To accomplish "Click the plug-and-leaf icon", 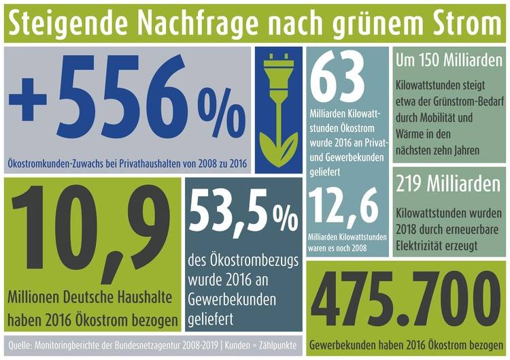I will pos(279,109).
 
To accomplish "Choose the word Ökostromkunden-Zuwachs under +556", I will pos(50,165).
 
